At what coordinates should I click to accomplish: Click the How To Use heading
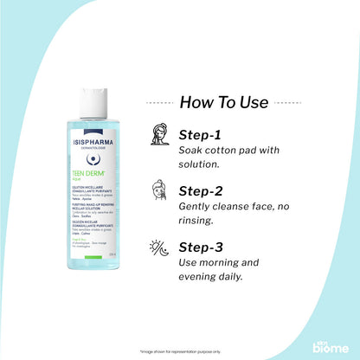223,102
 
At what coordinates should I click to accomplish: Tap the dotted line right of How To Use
289,102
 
